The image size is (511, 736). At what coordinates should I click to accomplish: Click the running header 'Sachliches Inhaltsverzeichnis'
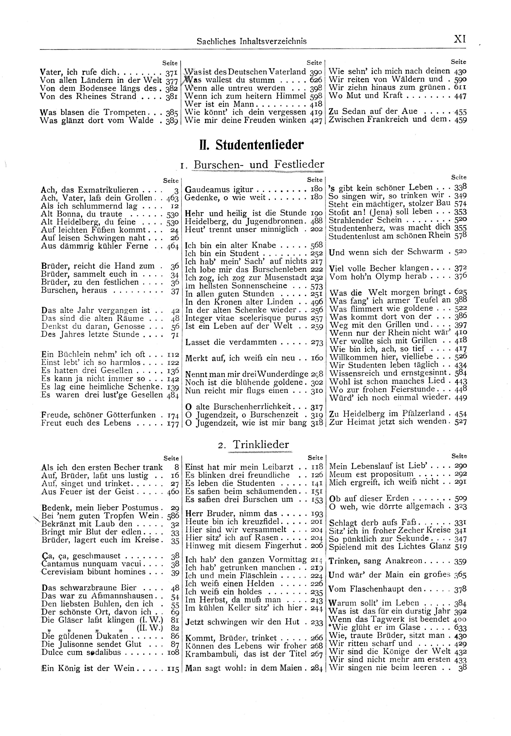pyautogui.click(x=252, y=41)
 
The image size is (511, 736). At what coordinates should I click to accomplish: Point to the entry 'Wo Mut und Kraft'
pyautogui.click(x=366, y=96)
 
